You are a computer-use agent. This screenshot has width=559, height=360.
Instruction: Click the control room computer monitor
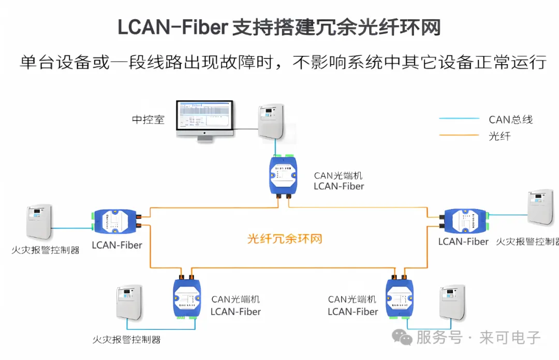(204, 118)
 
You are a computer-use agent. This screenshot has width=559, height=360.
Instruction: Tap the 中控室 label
(148, 119)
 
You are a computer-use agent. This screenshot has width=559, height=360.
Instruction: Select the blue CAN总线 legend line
(459, 118)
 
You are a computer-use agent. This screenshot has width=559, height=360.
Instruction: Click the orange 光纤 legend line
(459, 136)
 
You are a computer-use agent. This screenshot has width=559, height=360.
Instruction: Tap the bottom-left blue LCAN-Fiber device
(186, 297)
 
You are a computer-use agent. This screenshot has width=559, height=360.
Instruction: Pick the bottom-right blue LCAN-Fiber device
(400, 297)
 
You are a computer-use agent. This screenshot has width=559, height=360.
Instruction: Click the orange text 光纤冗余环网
(285, 239)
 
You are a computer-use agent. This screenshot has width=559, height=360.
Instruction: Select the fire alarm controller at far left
(39, 221)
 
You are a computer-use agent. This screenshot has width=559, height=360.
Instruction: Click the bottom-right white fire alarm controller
(452, 302)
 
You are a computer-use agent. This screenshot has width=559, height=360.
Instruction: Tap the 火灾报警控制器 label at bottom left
(126, 340)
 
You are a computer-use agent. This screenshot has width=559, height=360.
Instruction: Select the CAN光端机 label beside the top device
(339, 176)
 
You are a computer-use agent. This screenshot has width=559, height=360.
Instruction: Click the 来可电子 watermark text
(510, 338)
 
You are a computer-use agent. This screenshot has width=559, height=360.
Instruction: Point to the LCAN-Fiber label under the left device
(117, 245)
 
